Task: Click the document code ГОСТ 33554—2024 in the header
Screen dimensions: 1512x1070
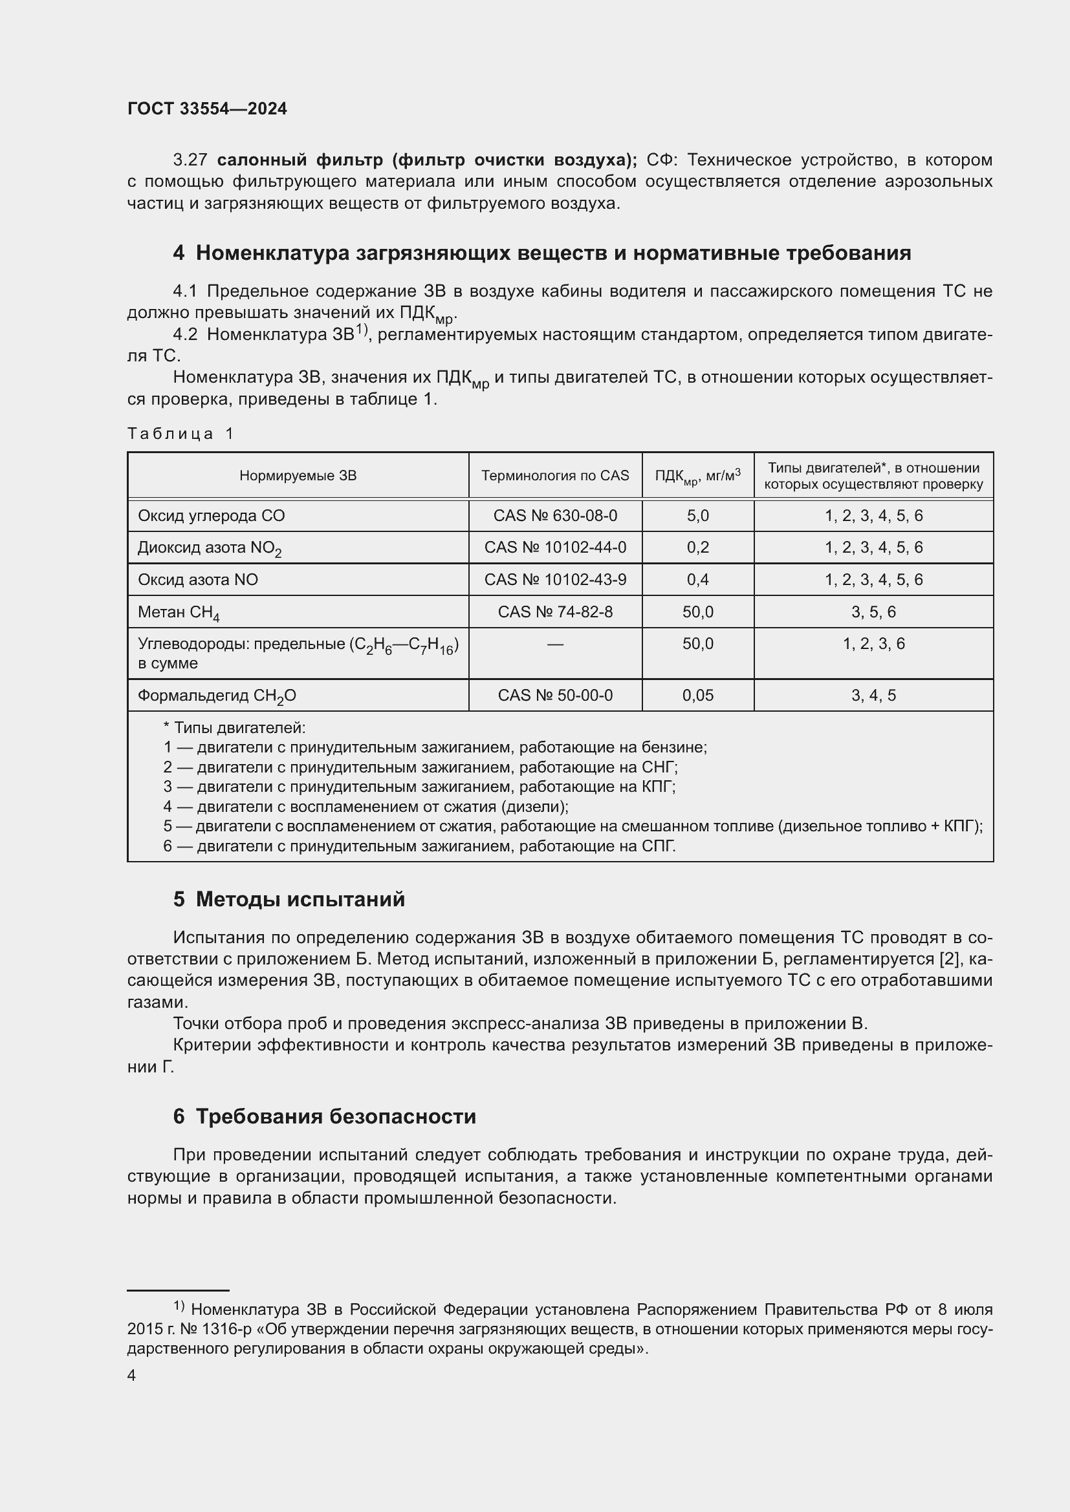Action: tap(207, 109)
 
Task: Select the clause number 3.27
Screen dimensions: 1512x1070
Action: tap(190, 160)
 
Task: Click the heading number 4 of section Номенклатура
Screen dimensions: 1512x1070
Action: tap(179, 253)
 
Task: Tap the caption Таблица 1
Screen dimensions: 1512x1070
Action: tap(180, 433)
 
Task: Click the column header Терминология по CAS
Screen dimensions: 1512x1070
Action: tap(555, 476)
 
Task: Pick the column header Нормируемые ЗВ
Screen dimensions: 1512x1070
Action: tap(298, 476)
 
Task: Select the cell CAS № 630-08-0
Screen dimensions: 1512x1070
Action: tap(555, 516)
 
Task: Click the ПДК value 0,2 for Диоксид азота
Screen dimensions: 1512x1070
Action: tap(698, 548)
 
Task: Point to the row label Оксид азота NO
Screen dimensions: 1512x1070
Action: tap(198, 579)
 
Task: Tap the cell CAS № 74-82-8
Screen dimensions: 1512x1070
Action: tap(555, 612)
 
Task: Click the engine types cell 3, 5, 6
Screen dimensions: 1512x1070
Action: tap(873, 612)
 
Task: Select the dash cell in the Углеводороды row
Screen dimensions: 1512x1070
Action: tap(555, 644)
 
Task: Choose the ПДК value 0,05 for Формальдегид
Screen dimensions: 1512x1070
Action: tap(698, 696)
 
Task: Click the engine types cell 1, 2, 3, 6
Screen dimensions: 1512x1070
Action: tap(873, 644)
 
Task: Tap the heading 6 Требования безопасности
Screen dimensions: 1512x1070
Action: tap(324, 1117)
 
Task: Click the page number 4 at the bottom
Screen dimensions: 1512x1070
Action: tap(132, 1376)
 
